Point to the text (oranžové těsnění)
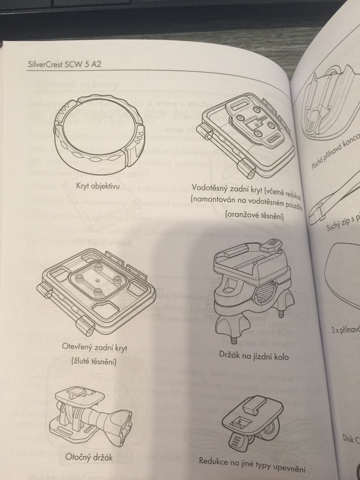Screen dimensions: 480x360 point(254,217)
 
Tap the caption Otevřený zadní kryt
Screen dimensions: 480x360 point(97,347)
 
